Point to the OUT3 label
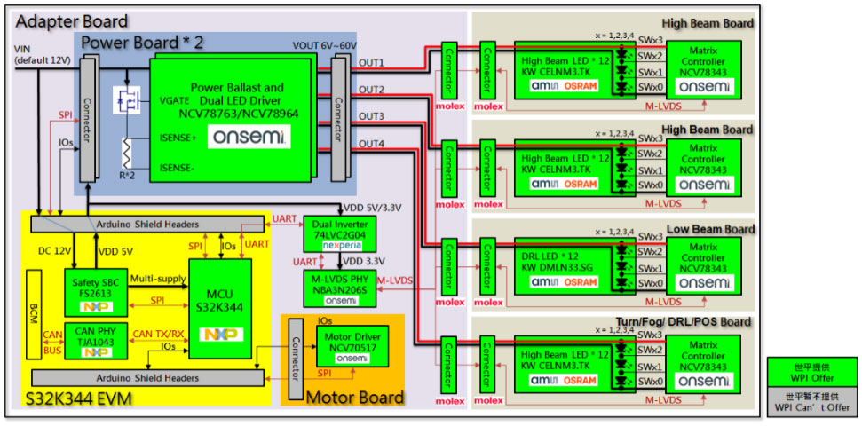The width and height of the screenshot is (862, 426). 371,116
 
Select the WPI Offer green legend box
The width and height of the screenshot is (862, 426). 812,371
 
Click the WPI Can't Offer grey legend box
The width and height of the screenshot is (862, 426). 812,401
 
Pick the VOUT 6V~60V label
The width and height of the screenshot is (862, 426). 326,45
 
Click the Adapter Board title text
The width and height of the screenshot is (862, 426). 72,21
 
